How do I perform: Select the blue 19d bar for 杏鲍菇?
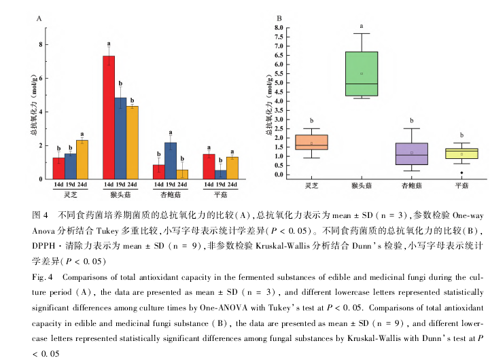point(171,161)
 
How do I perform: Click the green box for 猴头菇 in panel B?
point(362,74)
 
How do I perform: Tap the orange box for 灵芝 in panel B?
point(311,142)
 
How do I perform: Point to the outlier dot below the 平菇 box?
point(461,173)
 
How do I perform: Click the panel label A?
point(39,20)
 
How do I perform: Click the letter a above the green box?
point(362,26)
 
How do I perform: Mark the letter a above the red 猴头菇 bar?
point(109,44)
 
